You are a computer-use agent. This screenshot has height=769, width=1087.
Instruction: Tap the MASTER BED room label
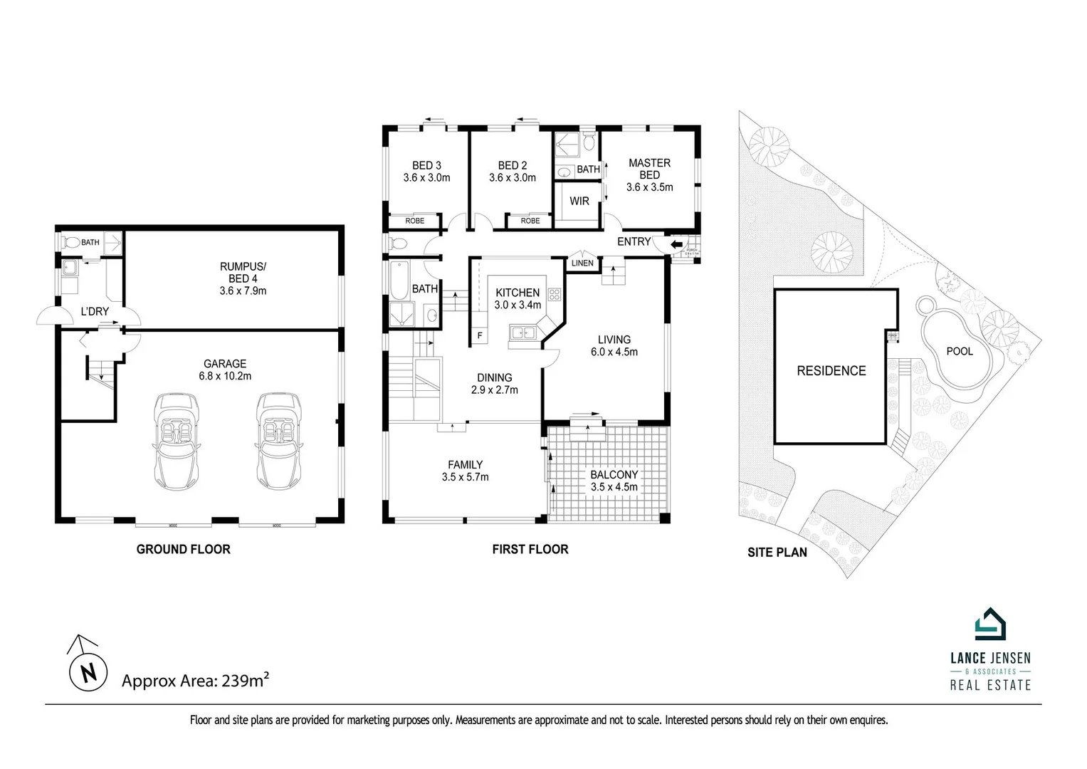tap(649, 169)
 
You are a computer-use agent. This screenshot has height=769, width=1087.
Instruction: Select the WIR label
tap(579, 202)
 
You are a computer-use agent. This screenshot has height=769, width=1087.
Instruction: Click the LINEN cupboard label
tap(582, 263)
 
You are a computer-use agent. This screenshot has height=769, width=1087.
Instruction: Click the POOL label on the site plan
tap(959, 351)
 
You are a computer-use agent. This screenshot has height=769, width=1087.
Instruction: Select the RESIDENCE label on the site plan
tap(831, 371)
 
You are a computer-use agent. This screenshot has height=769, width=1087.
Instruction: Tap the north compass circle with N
tap(86, 673)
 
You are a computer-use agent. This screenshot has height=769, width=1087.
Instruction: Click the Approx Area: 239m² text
tap(195, 681)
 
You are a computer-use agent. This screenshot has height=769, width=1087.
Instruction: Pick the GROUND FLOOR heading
tap(183, 549)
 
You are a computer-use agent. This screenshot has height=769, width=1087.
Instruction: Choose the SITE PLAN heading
tap(777, 552)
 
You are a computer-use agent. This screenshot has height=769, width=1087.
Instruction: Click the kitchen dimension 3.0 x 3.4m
tap(518, 305)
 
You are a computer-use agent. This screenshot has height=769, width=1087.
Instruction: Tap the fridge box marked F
tap(480, 335)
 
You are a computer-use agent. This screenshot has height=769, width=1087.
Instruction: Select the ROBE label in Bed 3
tap(414, 221)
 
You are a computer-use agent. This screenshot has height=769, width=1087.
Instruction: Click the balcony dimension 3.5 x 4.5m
tap(614, 487)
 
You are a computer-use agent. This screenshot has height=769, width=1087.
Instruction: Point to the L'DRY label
tap(94, 311)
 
